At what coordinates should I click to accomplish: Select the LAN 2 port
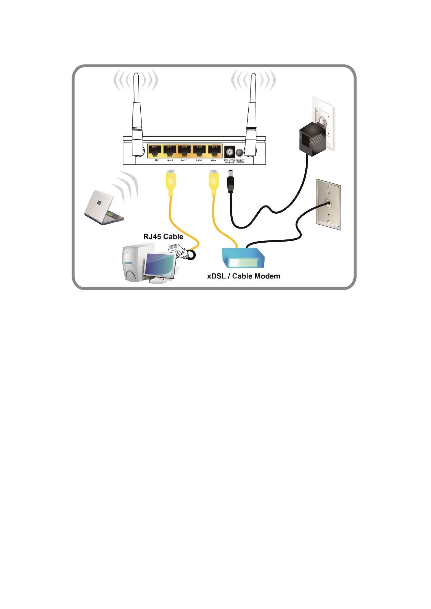coord(170,150)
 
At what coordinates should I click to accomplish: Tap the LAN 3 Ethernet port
coord(185,150)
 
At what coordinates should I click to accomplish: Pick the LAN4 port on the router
coord(199,150)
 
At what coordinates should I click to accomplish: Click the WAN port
coord(214,150)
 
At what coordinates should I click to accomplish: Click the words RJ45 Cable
coord(163,237)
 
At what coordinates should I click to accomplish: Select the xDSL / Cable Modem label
coord(244,276)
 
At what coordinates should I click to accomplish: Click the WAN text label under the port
coord(214,160)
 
